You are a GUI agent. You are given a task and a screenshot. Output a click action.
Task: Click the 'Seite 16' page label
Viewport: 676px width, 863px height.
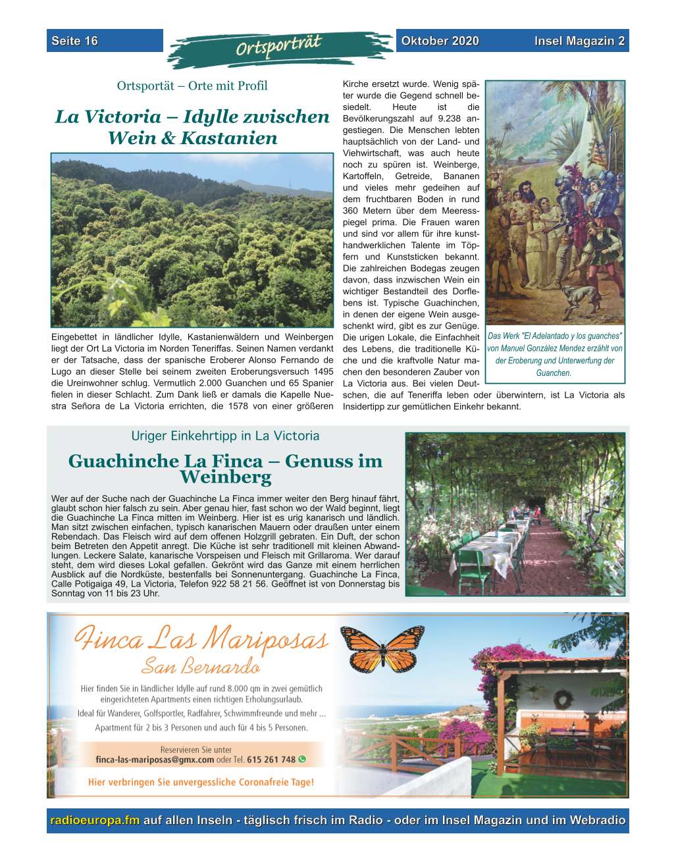[74, 41]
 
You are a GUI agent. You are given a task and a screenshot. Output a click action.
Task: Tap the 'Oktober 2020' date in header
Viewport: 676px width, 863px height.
[440, 41]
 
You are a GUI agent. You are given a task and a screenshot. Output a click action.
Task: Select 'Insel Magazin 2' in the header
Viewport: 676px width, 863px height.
[579, 41]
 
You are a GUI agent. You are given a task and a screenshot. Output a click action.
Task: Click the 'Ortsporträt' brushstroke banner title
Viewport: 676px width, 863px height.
[279, 47]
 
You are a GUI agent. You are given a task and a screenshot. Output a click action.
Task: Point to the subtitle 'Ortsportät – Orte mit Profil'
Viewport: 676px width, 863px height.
[192, 86]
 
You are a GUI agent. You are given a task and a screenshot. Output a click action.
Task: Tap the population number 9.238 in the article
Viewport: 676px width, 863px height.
[437, 119]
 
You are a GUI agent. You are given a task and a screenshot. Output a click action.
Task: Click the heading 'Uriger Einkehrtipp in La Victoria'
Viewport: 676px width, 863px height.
[225, 436]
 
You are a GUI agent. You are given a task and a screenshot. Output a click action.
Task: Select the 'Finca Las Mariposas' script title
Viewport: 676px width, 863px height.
[201, 639]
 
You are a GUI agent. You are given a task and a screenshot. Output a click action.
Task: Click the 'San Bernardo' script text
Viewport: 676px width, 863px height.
[201, 667]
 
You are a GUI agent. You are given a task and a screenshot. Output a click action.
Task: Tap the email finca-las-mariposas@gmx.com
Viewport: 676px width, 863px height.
[155, 760]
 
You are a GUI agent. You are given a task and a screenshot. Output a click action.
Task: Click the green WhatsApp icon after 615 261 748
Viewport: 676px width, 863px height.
[302, 759]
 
